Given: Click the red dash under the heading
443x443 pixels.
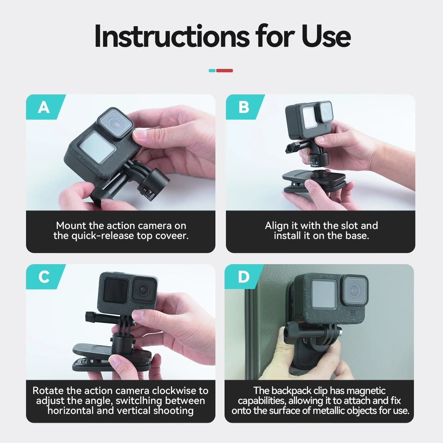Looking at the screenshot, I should pyautogui.click(x=224, y=71).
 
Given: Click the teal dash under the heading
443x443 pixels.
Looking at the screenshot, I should pyautogui.click(x=212, y=71).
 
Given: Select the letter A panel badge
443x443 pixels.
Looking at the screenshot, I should pyautogui.click(x=44, y=107).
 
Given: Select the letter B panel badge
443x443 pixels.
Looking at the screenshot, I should pyautogui.click(x=244, y=107).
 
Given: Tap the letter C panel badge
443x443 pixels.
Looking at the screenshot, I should pyautogui.click(x=44, y=277).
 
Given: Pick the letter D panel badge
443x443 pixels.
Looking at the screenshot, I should pyautogui.click(x=243, y=277).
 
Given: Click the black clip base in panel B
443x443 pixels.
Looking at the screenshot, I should pyautogui.click(x=314, y=181).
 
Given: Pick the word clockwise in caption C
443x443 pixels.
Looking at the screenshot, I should pyautogui.click(x=174, y=390).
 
